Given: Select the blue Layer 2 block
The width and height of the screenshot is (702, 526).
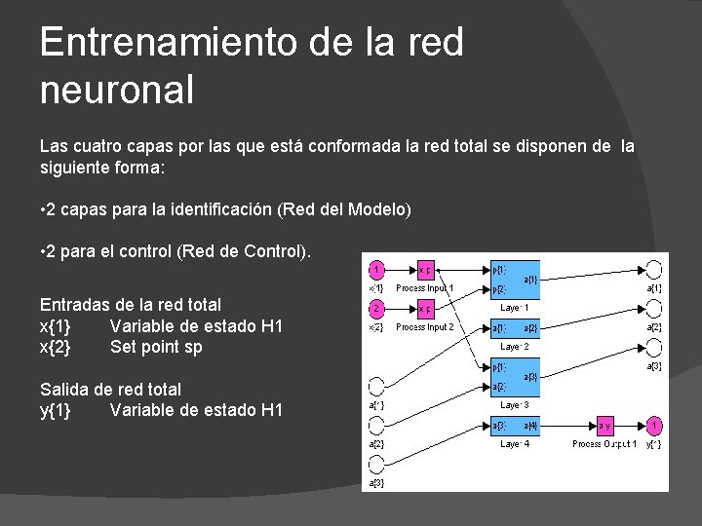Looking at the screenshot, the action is coord(514,328).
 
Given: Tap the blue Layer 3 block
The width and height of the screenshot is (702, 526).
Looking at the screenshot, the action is coord(514,377).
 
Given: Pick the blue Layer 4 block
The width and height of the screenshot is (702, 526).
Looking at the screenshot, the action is coord(514,426).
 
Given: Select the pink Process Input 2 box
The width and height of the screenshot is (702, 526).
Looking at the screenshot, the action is coord(426,309).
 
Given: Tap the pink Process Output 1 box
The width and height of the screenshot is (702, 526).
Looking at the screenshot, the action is coord(604,426).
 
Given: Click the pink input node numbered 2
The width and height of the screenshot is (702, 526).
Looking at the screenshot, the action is coord(376,309).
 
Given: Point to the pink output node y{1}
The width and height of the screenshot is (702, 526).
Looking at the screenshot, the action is coord(656,426).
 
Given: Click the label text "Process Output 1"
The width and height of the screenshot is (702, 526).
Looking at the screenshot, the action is coord(604,444).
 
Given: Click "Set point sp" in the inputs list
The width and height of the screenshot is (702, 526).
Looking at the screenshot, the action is coord(156,347).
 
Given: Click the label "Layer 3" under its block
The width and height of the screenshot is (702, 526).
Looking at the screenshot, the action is coord(515,404).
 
